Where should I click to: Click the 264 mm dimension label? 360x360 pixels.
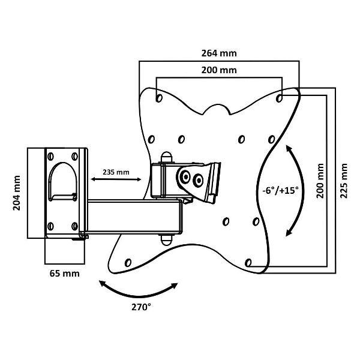pyautogui.click(x=219, y=53)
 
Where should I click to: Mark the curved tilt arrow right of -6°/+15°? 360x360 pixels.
pyautogui.click(x=298, y=191)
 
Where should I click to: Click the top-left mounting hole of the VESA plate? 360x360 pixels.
pyautogui.click(x=158, y=96)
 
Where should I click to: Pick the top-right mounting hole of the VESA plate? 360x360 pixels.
pyautogui.click(x=280, y=96)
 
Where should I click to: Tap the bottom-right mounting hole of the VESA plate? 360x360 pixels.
pyautogui.click(x=249, y=262)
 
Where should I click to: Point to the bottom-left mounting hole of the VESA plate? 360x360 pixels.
pyautogui.click(x=128, y=262)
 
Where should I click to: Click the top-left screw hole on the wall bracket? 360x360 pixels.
pyautogui.click(x=50, y=155)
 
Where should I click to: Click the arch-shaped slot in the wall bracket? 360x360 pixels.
pyautogui.click(x=62, y=180)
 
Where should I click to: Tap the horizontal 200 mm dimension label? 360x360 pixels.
pyautogui.click(x=219, y=70)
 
